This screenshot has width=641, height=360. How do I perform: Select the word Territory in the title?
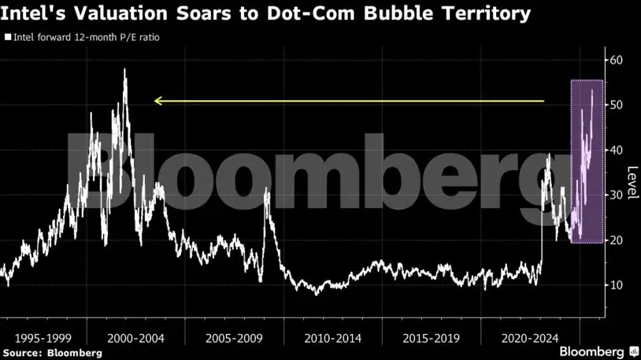tap(482, 14)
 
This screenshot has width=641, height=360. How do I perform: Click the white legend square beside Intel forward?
tap(9, 37)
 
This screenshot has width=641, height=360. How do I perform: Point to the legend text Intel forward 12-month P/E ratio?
tap(82, 37)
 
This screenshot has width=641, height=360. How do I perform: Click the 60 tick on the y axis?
tap(617, 60)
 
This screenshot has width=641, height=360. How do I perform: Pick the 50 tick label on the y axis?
tap(617, 105)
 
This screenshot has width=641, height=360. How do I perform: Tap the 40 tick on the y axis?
tap(617, 150)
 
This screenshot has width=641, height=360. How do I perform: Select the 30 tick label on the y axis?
tap(617, 195)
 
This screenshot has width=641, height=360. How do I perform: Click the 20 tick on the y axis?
tap(617, 239)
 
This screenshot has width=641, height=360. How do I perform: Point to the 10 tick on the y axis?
tap(617, 284)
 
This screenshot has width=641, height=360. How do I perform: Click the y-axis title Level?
tap(631, 183)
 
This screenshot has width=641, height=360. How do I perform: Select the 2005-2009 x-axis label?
tap(234, 337)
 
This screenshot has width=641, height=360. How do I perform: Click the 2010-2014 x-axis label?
tap(332, 337)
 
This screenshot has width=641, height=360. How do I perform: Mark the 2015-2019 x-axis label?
tap(431, 337)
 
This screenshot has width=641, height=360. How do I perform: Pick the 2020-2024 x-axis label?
tap(529, 337)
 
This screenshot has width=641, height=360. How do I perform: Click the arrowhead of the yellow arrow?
tap(158, 101)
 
